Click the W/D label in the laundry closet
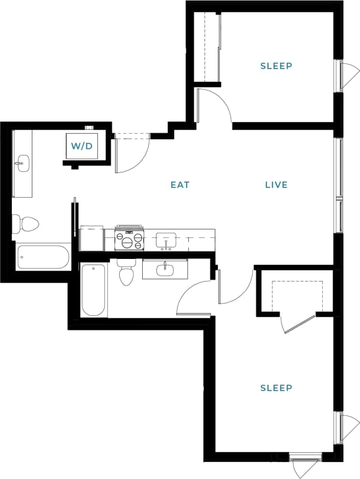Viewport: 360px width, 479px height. tap(81, 146)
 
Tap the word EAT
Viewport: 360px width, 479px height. tap(180, 185)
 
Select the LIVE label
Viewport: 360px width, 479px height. tap(276, 185)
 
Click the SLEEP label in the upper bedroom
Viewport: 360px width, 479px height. tap(276, 66)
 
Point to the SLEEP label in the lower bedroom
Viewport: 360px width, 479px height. tap(276, 388)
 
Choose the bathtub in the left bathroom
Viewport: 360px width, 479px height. tap(43, 257)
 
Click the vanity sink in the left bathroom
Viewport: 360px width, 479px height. tap(22, 164)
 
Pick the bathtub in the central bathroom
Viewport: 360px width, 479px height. tap(94, 290)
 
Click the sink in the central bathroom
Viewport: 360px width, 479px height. tap(165, 269)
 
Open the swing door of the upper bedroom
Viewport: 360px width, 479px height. tap(215, 105)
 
